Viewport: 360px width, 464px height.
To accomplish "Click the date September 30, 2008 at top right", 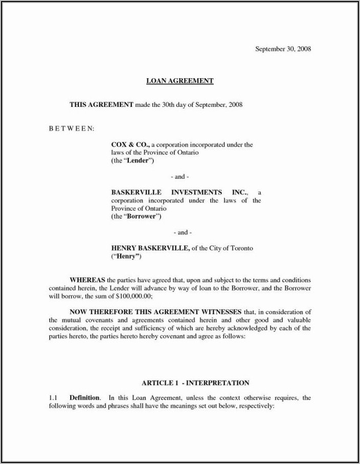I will click(283, 49).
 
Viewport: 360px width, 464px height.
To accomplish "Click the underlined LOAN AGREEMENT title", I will click(179, 81).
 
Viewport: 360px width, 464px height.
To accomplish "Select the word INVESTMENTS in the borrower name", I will click(196, 192).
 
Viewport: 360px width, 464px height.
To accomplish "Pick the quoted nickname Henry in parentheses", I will click(126, 257).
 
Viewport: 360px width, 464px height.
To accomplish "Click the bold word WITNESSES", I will click(216, 312).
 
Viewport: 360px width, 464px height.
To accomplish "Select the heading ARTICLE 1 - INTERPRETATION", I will click(195, 383).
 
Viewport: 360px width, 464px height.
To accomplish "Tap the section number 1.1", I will click(53, 398).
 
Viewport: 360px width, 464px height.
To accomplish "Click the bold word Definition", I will click(85, 398).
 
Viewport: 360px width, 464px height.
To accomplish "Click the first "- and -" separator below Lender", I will click(179, 177).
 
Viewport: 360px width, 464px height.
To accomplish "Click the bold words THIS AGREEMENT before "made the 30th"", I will click(101, 105).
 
